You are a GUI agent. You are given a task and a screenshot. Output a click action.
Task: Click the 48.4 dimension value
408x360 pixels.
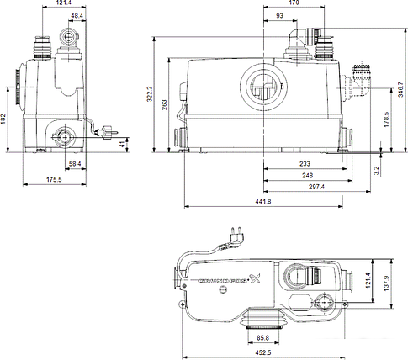[77, 17]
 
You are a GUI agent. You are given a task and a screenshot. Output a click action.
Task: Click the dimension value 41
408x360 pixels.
[122, 145]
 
